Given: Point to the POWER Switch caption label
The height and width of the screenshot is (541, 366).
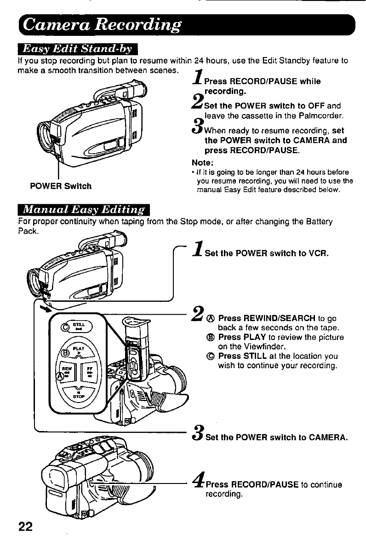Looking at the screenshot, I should pos(61,186).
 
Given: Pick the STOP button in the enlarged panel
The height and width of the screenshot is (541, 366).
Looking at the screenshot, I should pos(78,397).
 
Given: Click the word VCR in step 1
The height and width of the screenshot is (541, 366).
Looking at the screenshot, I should pos(320,253).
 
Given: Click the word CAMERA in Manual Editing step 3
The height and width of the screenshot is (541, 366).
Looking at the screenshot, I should pos(323,437).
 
